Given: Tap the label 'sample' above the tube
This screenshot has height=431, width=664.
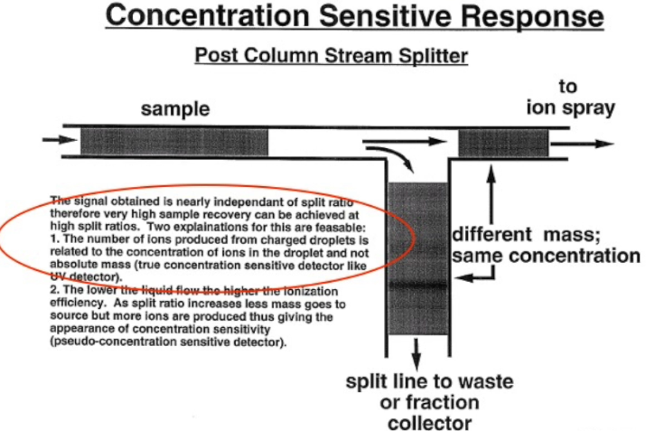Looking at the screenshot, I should pyautogui.click(x=175, y=109).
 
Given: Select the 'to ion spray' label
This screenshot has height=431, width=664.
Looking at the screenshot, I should pyautogui.click(x=569, y=98).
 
